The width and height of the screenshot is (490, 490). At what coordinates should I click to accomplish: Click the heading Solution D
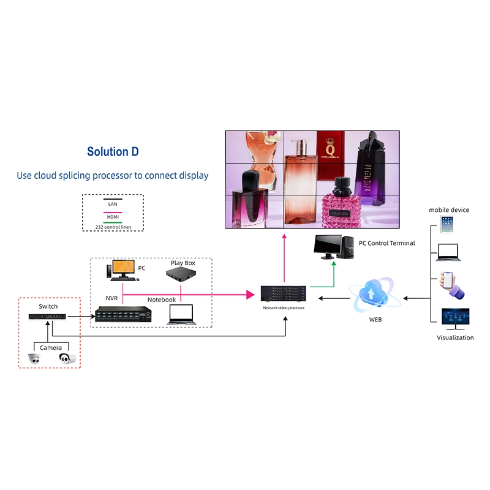[113, 152]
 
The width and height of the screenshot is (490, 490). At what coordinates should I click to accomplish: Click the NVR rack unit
[123, 314]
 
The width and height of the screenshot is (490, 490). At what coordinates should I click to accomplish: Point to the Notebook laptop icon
[181, 314]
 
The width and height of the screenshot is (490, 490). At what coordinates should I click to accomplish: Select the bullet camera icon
[67, 359]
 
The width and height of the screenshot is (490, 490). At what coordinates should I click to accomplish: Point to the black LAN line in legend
[112, 199]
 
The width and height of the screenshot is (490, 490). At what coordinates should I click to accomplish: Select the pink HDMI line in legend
[112, 212]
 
